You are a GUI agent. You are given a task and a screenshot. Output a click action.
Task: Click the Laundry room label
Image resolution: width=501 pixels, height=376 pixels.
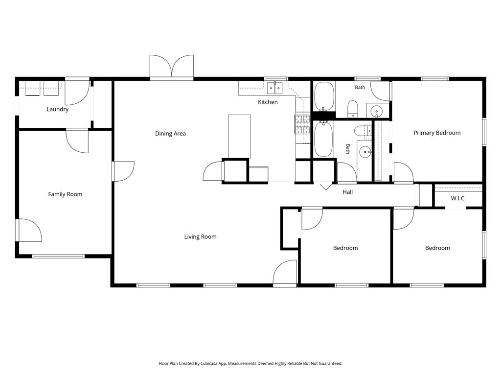(x=58, y=109)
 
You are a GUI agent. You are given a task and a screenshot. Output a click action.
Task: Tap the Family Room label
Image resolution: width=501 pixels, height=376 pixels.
(x=65, y=194)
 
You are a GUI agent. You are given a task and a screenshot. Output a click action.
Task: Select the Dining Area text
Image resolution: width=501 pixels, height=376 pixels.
(x=170, y=134)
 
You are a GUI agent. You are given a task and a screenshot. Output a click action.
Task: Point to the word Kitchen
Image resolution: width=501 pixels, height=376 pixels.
(x=268, y=102)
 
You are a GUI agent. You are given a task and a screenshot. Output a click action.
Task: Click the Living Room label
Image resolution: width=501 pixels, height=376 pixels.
(x=200, y=237)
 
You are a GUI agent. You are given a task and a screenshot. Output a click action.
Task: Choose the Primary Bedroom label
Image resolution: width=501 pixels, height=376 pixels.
(x=437, y=133)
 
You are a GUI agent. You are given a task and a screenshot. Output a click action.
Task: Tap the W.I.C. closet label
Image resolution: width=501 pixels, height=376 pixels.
(x=458, y=198)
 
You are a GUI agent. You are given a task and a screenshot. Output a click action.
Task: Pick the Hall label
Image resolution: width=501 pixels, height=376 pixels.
(x=348, y=192)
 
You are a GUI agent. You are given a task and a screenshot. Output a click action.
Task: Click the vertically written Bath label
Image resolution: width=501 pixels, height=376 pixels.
(x=348, y=149)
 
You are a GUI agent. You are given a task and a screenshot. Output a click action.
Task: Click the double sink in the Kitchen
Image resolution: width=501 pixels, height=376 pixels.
(x=275, y=88)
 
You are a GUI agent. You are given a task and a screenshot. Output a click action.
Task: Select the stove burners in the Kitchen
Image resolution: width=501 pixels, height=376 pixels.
(x=302, y=124)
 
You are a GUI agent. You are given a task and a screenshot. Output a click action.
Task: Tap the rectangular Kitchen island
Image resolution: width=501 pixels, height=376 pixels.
(x=239, y=136)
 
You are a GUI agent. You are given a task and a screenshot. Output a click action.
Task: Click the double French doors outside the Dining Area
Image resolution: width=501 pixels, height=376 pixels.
(x=172, y=67)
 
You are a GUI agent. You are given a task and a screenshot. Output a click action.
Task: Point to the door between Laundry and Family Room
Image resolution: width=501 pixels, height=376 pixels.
(x=77, y=141)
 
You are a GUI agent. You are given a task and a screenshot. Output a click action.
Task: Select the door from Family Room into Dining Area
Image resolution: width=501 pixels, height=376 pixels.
(x=123, y=171)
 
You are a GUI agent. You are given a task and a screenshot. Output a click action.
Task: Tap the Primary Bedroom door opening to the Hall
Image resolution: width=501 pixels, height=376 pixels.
(x=404, y=173)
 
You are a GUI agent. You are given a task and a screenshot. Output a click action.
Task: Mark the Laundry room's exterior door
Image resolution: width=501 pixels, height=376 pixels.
(x=77, y=92)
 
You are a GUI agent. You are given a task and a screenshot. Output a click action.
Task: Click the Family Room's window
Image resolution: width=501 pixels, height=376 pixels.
(x=59, y=256)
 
